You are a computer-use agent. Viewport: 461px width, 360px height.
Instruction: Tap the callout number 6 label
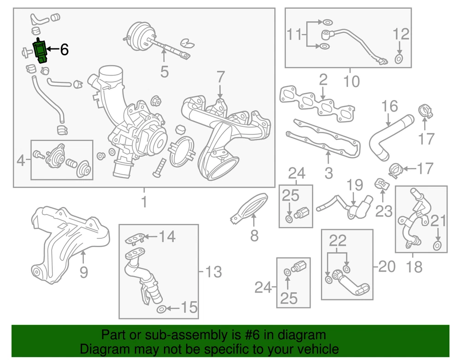pos(65,49)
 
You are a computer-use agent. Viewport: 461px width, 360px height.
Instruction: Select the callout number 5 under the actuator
pos(165,71)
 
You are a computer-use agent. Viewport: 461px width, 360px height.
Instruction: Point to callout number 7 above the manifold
pos(220,77)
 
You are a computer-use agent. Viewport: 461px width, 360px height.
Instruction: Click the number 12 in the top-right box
pos(401,34)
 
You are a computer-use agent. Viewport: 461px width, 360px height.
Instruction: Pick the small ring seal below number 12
pos(399,59)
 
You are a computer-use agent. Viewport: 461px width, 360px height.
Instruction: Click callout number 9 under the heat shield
pos(84,272)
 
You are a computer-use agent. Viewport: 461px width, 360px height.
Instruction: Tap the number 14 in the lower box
pos(167,236)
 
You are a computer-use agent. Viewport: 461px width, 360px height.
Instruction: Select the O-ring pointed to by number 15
pos(161,309)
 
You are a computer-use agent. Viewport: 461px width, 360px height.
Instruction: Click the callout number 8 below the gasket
pos(254,236)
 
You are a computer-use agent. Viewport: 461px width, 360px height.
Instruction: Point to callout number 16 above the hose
pos(390,106)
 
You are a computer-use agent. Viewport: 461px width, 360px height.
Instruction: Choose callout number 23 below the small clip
pos(384,211)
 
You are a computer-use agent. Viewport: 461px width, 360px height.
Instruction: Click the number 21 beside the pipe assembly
pos(438,221)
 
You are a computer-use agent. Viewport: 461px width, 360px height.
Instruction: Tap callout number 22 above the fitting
pos(337,241)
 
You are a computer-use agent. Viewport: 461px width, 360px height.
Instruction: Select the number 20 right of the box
pos(387,266)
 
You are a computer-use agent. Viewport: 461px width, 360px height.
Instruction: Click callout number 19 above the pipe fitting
pos(355,185)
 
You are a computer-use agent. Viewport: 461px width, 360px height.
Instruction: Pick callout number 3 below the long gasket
pos(329,173)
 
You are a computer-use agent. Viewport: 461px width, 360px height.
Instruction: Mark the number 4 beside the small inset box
pos(21,160)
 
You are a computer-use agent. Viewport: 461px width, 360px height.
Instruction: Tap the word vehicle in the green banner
pos(319,349)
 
